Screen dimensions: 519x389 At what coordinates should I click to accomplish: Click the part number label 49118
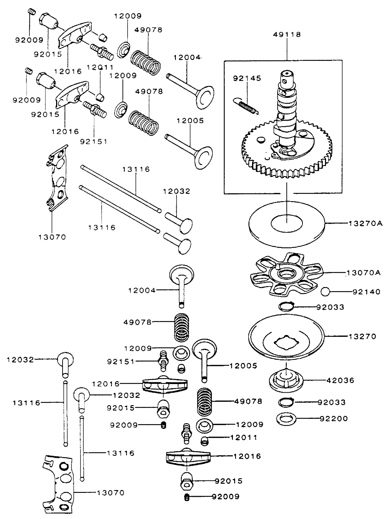pyautogui.click(x=287, y=35)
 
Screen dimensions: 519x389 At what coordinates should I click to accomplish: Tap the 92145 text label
pyautogui.click(x=247, y=78)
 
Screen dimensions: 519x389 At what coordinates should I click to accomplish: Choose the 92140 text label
pyautogui.click(x=366, y=292)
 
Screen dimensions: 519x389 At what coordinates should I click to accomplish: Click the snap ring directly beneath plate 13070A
pyautogui.click(x=286, y=306)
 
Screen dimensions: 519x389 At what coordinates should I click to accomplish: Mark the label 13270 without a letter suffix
pyautogui.click(x=362, y=336)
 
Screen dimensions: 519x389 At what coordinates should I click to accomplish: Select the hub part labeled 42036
pyautogui.click(x=286, y=380)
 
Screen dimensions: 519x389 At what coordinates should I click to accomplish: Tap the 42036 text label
pyautogui.click(x=340, y=380)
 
